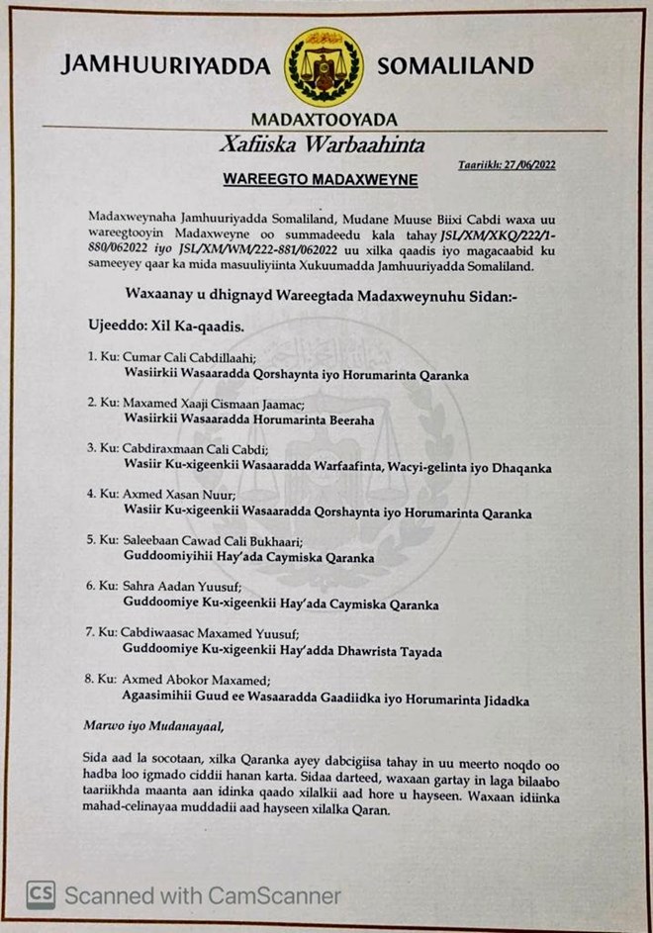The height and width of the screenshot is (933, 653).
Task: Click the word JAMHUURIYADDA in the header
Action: tap(165, 67)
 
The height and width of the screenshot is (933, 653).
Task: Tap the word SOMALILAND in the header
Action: tap(455, 66)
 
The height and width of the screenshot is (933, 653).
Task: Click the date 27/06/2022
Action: tap(530, 164)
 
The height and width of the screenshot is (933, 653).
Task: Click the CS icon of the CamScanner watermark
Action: tap(41, 895)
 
